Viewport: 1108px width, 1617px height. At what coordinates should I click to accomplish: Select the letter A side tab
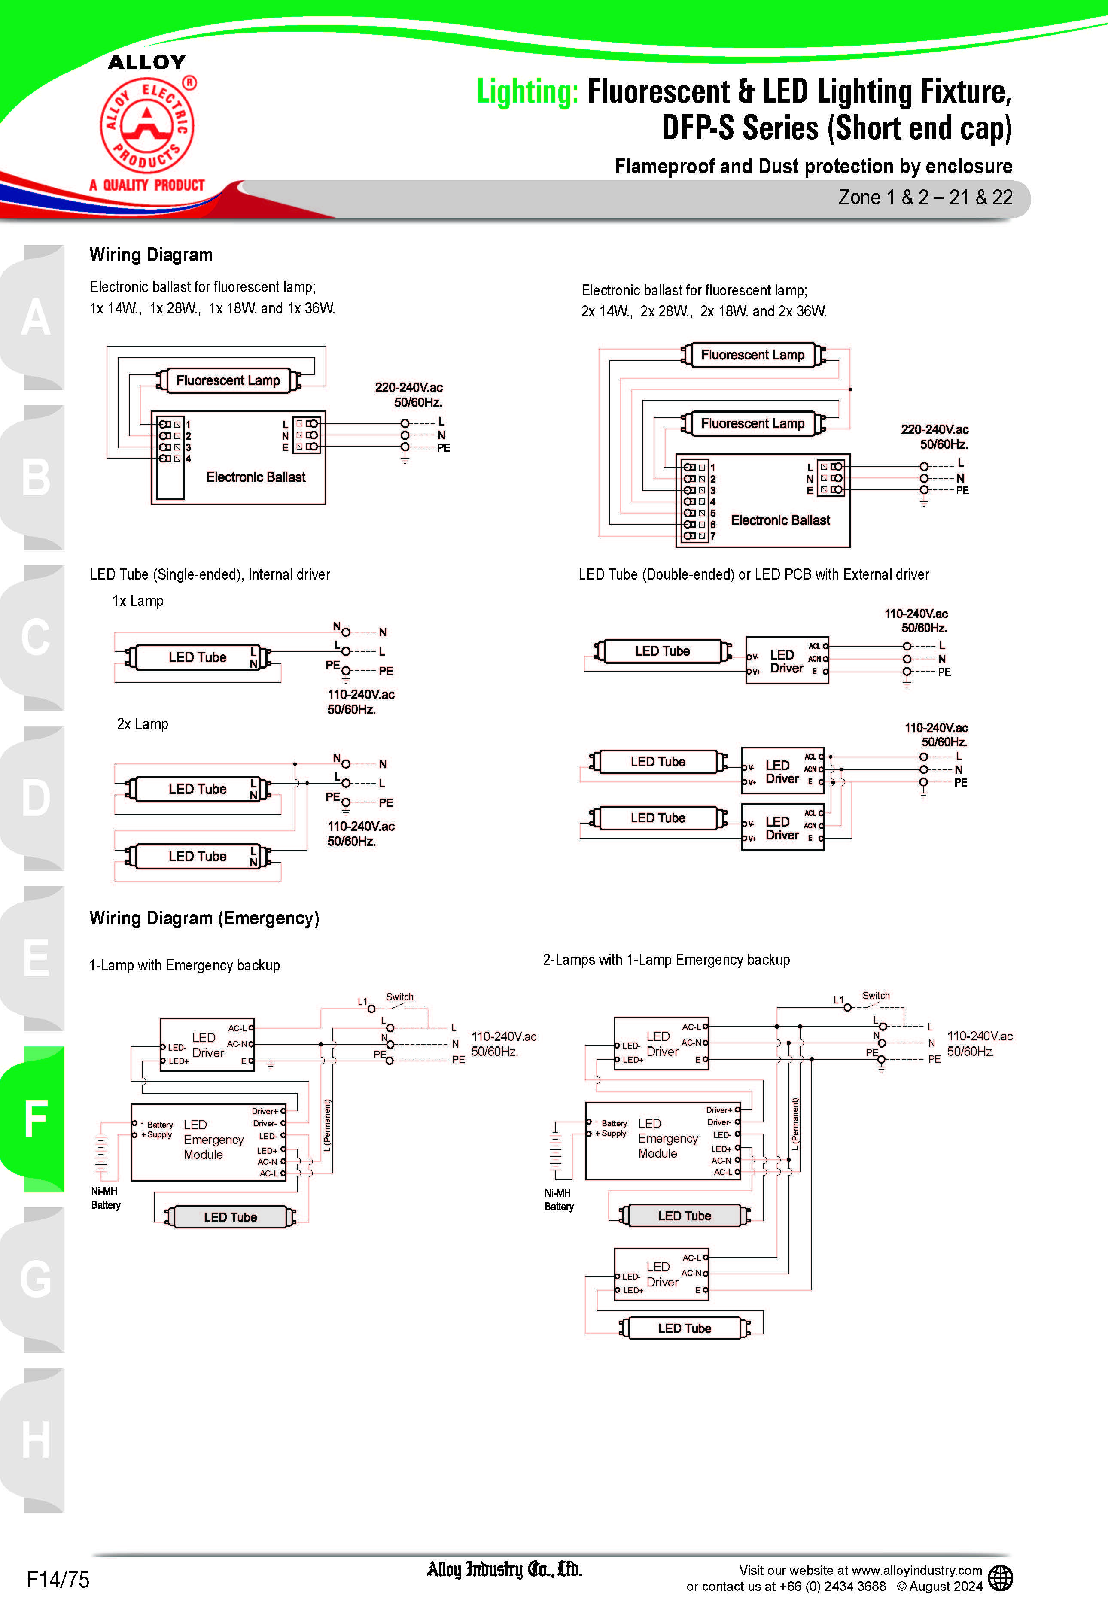(x=35, y=318)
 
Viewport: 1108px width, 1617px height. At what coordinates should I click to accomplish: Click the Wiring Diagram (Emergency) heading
(x=204, y=918)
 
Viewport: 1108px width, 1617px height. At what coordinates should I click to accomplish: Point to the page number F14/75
(x=58, y=1579)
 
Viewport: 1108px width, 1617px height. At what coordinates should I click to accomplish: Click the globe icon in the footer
(x=1000, y=1578)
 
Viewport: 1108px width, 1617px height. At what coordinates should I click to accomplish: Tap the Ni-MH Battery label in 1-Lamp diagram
(x=105, y=1198)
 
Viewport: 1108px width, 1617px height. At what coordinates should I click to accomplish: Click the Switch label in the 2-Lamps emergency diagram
(x=876, y=996)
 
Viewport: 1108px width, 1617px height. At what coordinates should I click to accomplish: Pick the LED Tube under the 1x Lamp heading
(x=197, y=657)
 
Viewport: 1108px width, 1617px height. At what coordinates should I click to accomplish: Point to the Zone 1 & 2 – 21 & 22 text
(x=925, y=198)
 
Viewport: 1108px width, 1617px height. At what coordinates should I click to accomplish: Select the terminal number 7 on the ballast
(x=712, y=536)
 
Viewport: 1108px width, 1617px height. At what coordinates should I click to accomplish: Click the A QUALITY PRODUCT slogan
(x=147, y=185)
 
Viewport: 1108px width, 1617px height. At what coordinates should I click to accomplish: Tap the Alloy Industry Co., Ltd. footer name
(x=505, y=1570)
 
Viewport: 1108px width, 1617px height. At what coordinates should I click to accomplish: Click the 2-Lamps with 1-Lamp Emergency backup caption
(x=666, y=960)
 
